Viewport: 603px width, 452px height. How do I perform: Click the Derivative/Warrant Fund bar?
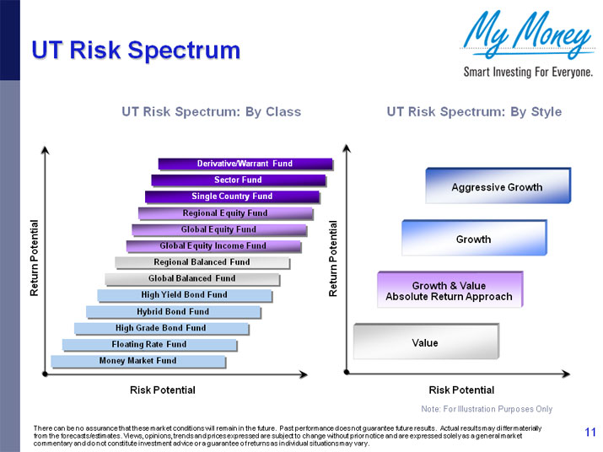[x=245, y=164]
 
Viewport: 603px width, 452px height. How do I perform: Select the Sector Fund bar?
[x=238, y=180]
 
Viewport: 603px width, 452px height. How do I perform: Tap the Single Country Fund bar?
[x=232, y=196]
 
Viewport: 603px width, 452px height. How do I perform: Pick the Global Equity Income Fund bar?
[x=213, y=246]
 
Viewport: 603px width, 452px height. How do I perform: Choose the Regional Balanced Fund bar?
[x=202, y=262]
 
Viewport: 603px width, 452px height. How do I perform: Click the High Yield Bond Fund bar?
[x=184, y=295]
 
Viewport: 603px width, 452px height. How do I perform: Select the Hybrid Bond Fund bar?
[x=173, y=311]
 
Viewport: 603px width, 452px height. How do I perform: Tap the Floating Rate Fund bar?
[x=149, y=344]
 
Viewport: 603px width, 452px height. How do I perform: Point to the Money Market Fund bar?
[x=137, y=361]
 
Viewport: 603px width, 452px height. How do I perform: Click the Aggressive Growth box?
[x=497, y=186]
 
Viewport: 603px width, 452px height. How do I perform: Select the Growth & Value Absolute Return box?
[x=449, y=291]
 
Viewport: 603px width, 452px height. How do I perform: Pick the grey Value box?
[x=425, y=342]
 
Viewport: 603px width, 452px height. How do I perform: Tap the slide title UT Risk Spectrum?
[x=136, y=51]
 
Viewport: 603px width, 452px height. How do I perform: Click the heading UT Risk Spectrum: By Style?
[x=473, y=111]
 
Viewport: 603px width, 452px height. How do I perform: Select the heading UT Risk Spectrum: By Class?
[x=211, y=111]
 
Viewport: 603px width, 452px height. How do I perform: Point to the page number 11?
[x=590, y=433]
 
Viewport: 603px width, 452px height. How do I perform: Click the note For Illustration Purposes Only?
[x=487, y=409]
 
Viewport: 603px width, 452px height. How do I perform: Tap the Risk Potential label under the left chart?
[x=162, y=390]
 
